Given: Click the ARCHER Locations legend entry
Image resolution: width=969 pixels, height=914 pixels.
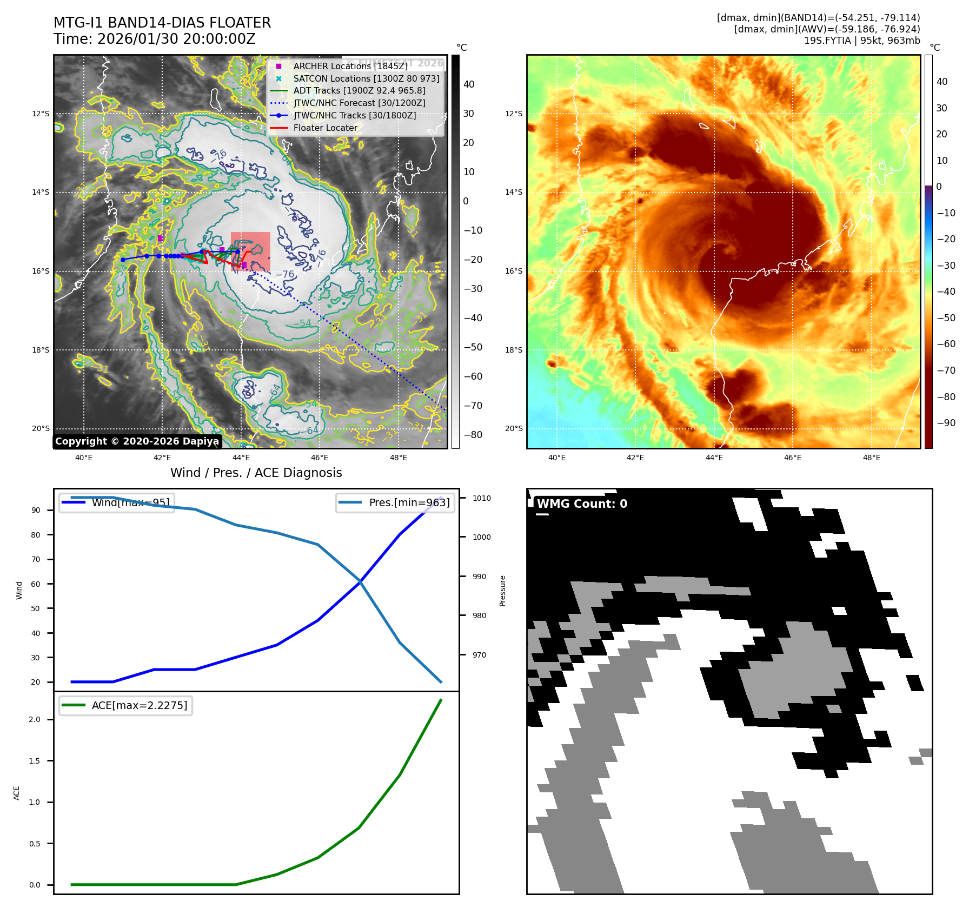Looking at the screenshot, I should pyautogui.click(x=350, y=66).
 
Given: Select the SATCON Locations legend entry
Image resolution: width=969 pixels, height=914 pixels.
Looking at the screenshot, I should pyautogui.click(x=366, y=78).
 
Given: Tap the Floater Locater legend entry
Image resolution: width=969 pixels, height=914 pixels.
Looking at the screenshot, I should pyautogui.click(x=325, y=128).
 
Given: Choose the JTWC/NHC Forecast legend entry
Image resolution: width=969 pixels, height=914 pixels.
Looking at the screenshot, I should pyautogui.click(x=359, y=103).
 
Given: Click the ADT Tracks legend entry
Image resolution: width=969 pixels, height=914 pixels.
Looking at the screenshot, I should pyautogui.click(x=359, y=91).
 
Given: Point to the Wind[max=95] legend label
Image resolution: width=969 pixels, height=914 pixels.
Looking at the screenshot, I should pyautogui.click(x=130, y=502).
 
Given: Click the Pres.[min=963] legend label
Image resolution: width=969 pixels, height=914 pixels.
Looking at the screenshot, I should pyautogui.click(x=409, y=502).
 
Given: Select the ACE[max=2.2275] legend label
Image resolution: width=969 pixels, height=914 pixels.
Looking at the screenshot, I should pyautogui.click(x=140, y=705).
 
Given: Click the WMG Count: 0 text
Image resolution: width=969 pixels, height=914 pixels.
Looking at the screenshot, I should pyautogui.click(x=582, y=504).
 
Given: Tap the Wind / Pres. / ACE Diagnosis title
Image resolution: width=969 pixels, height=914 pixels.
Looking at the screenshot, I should pyautogui.click(x=256, y=473).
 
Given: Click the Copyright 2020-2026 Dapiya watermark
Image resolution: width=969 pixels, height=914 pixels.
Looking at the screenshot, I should pyautogui.click(x=137, y=441).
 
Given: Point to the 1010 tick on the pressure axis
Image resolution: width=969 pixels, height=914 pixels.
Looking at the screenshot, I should pyautogui.click(x=481, y=498).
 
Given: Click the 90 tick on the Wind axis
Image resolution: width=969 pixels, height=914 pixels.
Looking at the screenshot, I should pyautogui.click(x=36, y=510).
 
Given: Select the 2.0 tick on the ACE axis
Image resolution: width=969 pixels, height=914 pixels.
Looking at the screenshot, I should pyautogui.click(x=35, y=719).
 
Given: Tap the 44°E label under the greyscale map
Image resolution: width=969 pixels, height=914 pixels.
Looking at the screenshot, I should pyautogui.click(x=241, y=458).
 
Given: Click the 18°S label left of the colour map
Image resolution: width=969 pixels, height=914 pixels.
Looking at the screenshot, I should pyautogui.click(x=514, y=350).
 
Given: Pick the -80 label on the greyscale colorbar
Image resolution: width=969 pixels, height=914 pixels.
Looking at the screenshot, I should pyautogui.click(x=473, y=435).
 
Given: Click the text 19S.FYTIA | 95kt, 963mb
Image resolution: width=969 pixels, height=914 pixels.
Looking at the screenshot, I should pyautogui.click(x=861, y=41).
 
